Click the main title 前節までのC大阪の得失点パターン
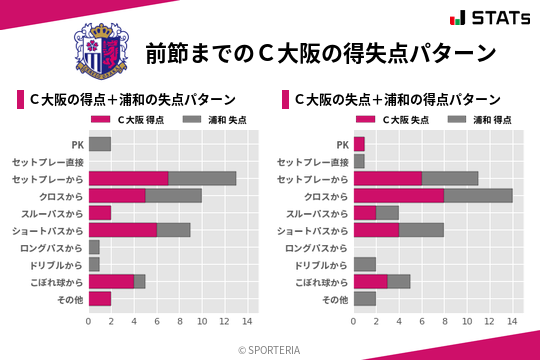coord(320,52)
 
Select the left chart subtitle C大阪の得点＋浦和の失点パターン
coord(132,100)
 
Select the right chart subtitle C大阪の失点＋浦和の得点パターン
coord(398,100)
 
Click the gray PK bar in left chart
coord(100,144)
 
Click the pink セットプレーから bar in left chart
coord(128,178)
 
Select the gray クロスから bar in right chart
coord(478,195)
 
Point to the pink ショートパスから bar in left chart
coord(122,229)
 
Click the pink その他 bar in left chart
coord(100,298)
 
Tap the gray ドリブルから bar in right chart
coord(365,264)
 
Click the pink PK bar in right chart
coord(359,144)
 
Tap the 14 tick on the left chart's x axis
coord(247,321)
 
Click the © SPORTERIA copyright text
coord(270,349)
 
